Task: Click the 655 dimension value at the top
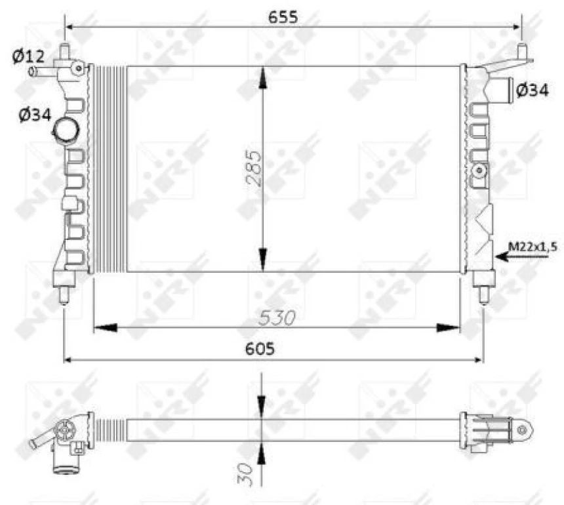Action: pos(283,18)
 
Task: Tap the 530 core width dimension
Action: pos(277,318)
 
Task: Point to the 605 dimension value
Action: pos(261,349)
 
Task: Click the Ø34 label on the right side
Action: pos(532,91)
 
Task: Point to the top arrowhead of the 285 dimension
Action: pos(262,79)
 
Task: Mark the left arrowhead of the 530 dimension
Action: pos(105,327)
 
